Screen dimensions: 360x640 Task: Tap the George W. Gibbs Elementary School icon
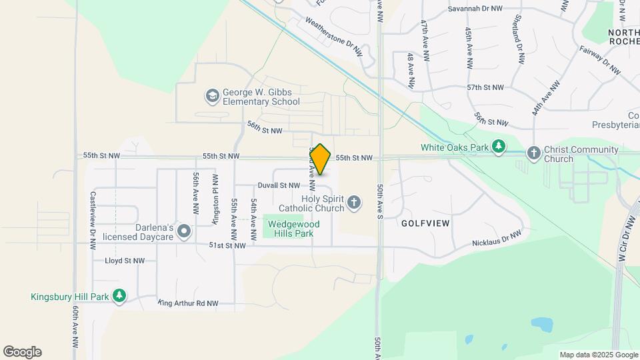click(212, 96)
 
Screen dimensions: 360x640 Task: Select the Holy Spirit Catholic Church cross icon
click(354, 202)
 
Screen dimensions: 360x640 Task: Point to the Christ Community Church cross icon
click(533, 153)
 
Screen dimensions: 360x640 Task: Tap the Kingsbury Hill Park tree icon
click(119, 295)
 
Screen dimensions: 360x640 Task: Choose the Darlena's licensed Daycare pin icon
click(184, 232)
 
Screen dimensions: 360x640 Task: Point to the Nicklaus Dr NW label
click(496, 237)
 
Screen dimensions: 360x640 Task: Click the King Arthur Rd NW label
click(188, 303)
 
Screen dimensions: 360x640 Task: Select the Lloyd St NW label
click(125, 261)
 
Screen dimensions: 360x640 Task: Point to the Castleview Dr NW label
click(93, 220)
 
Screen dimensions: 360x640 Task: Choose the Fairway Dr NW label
click(600, 59)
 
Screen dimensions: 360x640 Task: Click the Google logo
click(22, 352)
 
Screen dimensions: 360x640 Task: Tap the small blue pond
click(541, 325)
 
